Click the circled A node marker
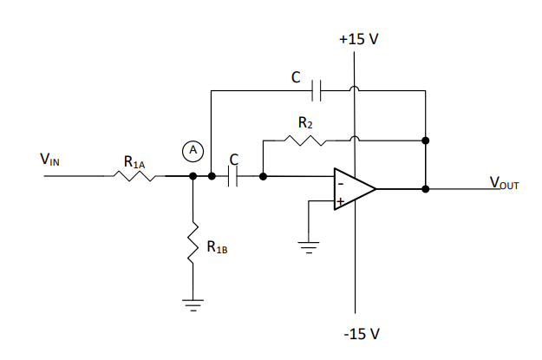pos(194,151)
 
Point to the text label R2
pos(305,123)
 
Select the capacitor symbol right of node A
pos(234,176)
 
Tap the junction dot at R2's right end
pos(425,140)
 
